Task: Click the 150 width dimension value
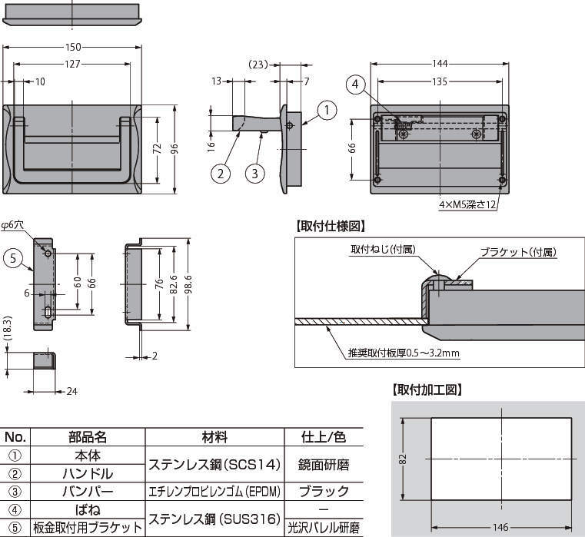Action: tap(73, 47)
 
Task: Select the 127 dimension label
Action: tap(72, 64)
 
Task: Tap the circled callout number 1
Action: tap(327, 111)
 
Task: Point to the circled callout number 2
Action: tap(221, 174)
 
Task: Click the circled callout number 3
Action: tap(254, 174)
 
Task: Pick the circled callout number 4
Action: tap(355, 85)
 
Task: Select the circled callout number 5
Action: tap(13, 258)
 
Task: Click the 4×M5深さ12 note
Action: tap(468, 204)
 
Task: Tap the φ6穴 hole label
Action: tap(12, 225)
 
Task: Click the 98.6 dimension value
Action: tap(189, 284)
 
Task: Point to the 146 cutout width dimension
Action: tap(500, 527)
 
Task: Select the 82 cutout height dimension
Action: tap(403, 459)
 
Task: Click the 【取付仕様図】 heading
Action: tap(331, 226)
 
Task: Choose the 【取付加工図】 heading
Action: tap(427, 390)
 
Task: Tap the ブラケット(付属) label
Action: tap(518, 252)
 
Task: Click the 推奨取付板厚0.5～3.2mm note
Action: tap(404, 353)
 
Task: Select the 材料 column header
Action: tap(214, 437)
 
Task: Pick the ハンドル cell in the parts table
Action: tap(88, 473)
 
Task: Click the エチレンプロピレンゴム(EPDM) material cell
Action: tap(214, 492)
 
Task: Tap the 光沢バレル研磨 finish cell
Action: tap(324, 528)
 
